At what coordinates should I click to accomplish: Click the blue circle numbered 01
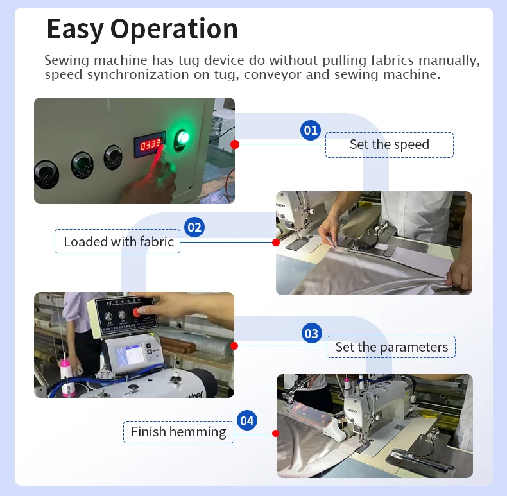311,130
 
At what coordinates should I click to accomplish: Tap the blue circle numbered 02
194,227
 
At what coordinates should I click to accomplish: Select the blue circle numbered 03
312,334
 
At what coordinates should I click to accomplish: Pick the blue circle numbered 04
247,421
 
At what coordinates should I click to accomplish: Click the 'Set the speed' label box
390,145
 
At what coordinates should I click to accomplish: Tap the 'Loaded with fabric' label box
117,241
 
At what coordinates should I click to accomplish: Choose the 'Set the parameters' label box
391,347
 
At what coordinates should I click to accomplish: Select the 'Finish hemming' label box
178,432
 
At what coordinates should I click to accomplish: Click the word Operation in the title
174,29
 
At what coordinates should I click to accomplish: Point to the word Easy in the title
74,30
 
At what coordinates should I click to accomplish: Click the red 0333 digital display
150,144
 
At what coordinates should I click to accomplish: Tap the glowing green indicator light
183,139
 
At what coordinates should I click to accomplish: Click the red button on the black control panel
137,312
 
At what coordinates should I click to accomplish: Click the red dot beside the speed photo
235,144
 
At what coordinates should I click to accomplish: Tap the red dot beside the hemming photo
276,433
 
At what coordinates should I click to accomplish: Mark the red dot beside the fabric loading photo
276,242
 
